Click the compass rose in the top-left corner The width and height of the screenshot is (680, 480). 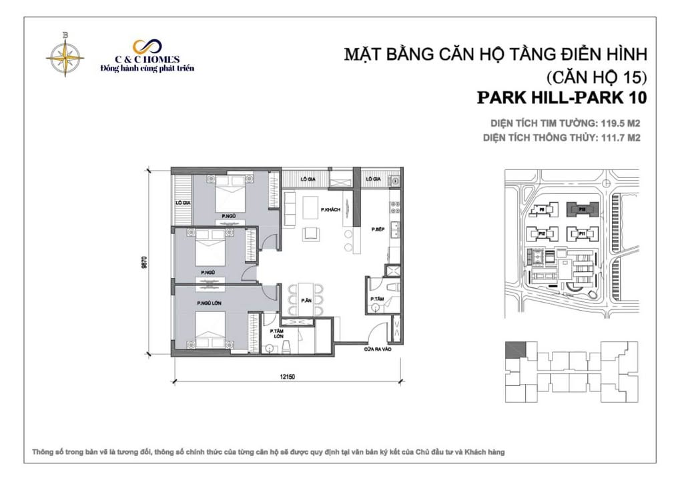pyautogui.click(x=65, y=55)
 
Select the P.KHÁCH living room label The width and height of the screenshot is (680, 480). pyautogui.click(x=330, y=210)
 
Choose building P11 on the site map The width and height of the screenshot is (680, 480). pyautogui.click(x=581, y=234)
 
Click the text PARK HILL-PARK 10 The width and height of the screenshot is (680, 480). pyautogui.click(x=562, y=98)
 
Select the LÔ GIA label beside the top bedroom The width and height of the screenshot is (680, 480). pyautogui.click(x=182, y=202)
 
